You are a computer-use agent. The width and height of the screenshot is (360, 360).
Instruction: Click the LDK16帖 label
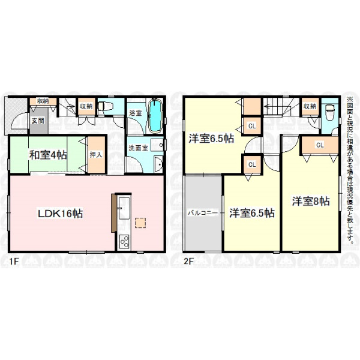pos(60,214)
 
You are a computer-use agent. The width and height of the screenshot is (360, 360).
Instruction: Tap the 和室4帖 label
pos(48,155)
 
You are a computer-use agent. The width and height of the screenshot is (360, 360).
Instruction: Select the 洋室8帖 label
pos(311,201)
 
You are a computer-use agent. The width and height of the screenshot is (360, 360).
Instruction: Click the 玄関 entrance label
pos(38,121)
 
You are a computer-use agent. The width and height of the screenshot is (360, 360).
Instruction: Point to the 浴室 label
pos(135,113)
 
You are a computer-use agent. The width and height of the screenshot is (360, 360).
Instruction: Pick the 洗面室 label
pos(138,148)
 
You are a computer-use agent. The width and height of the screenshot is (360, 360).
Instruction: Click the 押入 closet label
pos(96,155)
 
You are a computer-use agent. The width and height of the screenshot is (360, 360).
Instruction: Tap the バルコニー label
pos(203,213)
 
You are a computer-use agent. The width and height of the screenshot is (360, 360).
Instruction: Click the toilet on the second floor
pos(329,113)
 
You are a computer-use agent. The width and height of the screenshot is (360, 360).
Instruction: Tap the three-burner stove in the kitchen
pos(124,242)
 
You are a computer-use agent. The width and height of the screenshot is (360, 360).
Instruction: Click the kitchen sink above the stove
pos(124,208)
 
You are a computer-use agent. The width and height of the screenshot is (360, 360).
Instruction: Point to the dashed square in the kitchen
pos(140,223)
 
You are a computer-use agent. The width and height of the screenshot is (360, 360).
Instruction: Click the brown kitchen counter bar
pos(113,213)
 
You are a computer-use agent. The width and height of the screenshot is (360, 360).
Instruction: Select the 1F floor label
pos(14,262)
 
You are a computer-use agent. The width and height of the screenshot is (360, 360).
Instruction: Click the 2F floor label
pos(188,262)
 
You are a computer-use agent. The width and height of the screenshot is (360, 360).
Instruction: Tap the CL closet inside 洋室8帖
pos(320,145)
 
